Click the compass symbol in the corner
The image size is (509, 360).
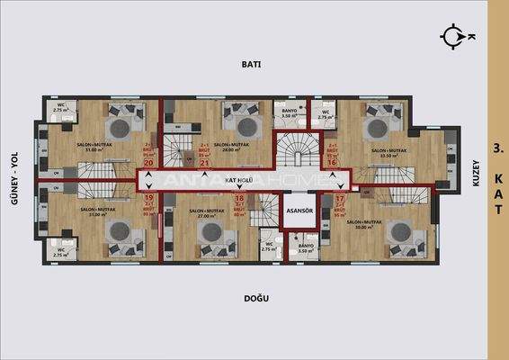pos(451,36)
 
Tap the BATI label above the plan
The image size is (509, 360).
pos(251,65)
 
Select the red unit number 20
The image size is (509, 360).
pos(148,162)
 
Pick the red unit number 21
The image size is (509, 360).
pos(204,163)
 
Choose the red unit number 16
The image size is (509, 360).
pos(332,162)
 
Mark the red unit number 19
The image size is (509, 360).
pos(149,198)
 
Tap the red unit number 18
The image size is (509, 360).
pos(239,198)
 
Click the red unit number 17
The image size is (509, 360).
pos(339,198)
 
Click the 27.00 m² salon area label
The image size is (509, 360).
pos(208,216)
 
